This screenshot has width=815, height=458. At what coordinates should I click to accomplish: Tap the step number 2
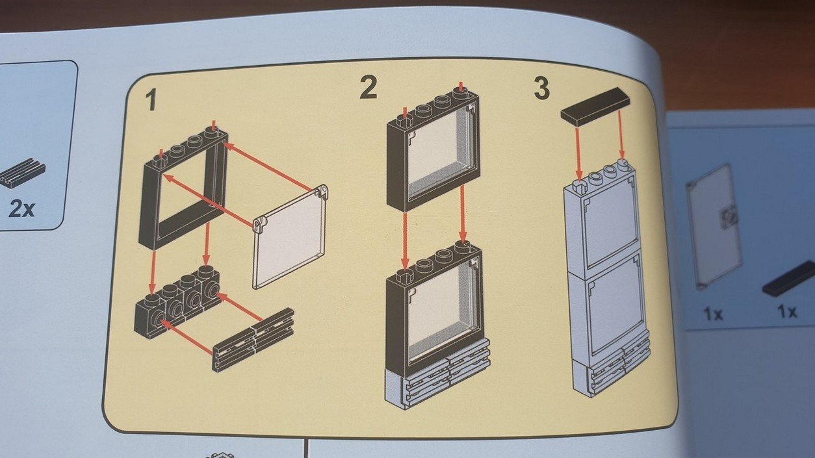point(368,88)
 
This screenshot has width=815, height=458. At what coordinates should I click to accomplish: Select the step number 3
point(541,88)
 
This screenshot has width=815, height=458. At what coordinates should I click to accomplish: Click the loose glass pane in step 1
point(290,238)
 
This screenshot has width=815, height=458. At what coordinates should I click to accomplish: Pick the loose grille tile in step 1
point(253,340)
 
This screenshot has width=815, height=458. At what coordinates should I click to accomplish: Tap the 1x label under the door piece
point(712,314)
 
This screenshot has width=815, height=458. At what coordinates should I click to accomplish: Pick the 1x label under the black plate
point(786,312)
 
